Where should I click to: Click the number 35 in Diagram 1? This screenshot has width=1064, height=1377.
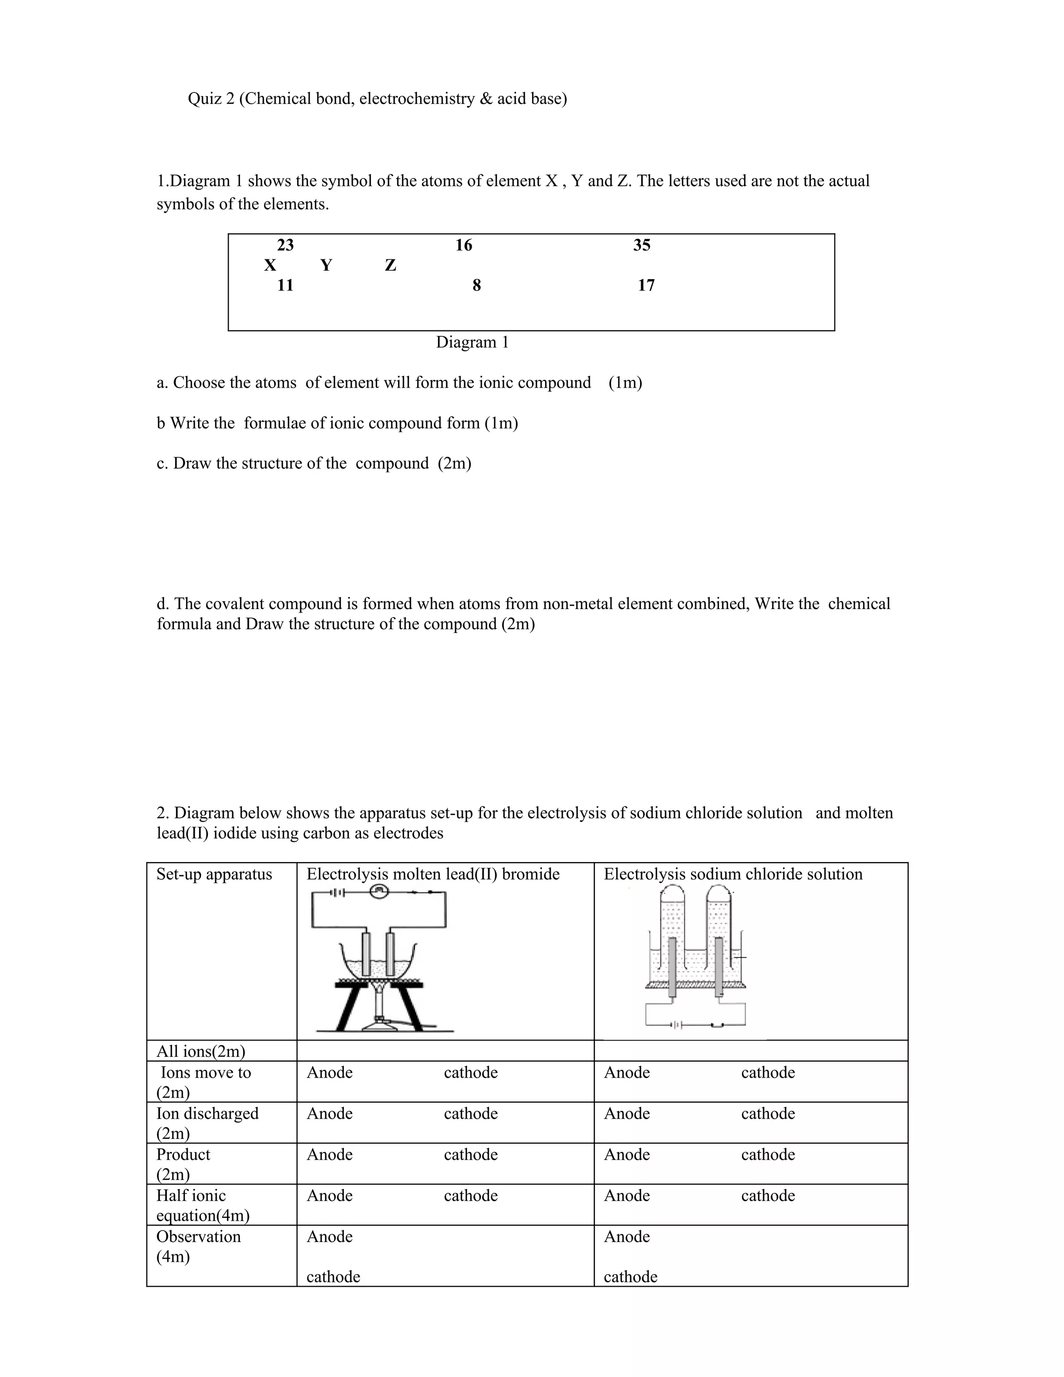641,245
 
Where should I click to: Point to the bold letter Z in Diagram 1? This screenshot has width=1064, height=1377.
390,266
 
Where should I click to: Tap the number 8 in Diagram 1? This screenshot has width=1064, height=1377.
476,286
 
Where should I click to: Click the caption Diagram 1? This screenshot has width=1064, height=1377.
472,342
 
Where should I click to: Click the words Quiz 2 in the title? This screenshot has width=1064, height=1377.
210,99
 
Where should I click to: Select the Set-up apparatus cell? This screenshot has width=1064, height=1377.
215,875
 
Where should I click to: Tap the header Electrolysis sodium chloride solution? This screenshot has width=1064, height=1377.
733,875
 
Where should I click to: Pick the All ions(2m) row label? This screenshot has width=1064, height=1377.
201,1051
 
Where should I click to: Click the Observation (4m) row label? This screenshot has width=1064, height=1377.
198,1246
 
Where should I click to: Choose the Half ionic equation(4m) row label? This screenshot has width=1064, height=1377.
202,1205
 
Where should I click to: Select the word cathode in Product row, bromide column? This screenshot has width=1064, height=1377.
470,1155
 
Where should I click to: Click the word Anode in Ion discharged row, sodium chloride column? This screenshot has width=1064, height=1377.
627,1114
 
